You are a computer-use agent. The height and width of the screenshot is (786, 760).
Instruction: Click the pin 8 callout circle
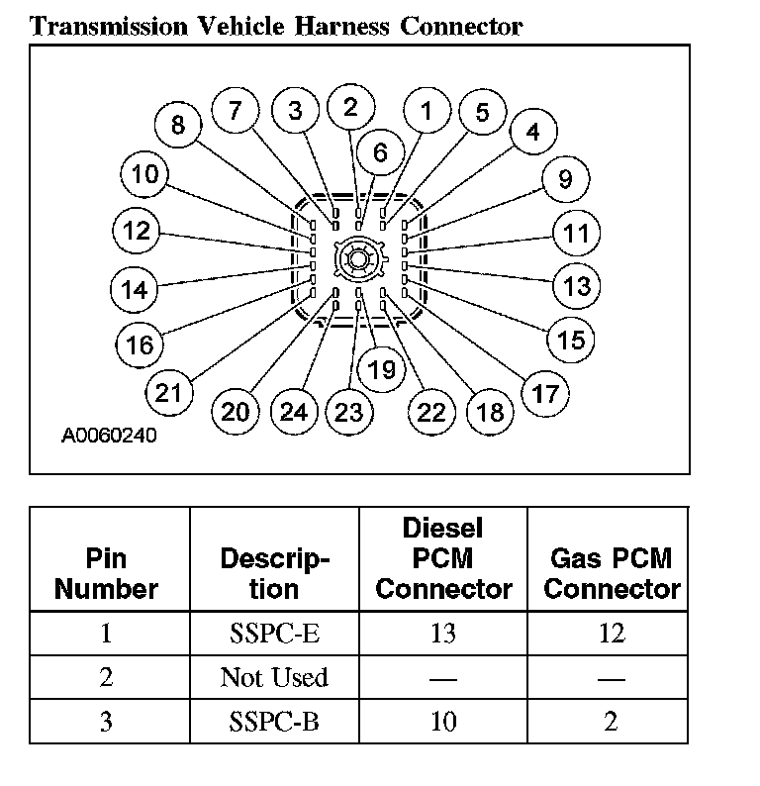pyautogui.click(x=178, y=125)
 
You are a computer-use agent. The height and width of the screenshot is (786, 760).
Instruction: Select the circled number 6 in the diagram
pyautogui.click(x=380, y=152)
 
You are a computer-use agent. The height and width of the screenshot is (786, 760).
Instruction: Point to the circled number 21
pyautogui.click(x=169, y=392)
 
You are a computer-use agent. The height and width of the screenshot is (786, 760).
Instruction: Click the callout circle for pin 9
pyautogui.click(x=565, y=179)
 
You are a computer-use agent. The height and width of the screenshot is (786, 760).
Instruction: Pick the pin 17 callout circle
pyautogui.click(x=545, y=394)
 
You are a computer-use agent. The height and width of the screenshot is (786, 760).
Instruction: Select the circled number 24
pyautogui.click(x=294, y=410)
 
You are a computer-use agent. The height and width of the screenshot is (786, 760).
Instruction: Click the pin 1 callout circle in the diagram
pyautogui.click(x=427, y=111)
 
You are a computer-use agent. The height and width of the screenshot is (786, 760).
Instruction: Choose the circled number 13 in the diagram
pyautogui.click(x=576, y=286)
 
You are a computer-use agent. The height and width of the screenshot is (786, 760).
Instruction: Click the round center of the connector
pyautogui.click(x=356, y=259)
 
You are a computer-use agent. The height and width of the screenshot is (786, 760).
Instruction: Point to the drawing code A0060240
pyautogui.click(x=109, y=435)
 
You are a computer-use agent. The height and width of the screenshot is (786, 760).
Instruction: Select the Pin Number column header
pyautogui.click(x=107, y=573)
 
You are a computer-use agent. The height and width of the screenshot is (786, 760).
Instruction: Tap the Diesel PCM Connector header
pyautogui.click(x=443, y=558)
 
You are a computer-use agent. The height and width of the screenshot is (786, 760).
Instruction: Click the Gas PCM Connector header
pyautogui.click(x=612, y=573)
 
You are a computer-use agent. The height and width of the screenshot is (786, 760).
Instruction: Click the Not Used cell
pyautogui.click(x=273, y=678)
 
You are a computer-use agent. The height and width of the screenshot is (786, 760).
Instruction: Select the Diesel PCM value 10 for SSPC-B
pyautogui.click(x=443, y=722)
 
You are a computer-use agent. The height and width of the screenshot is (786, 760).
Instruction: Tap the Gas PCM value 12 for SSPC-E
pyautogui.click(x=612, y=633)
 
